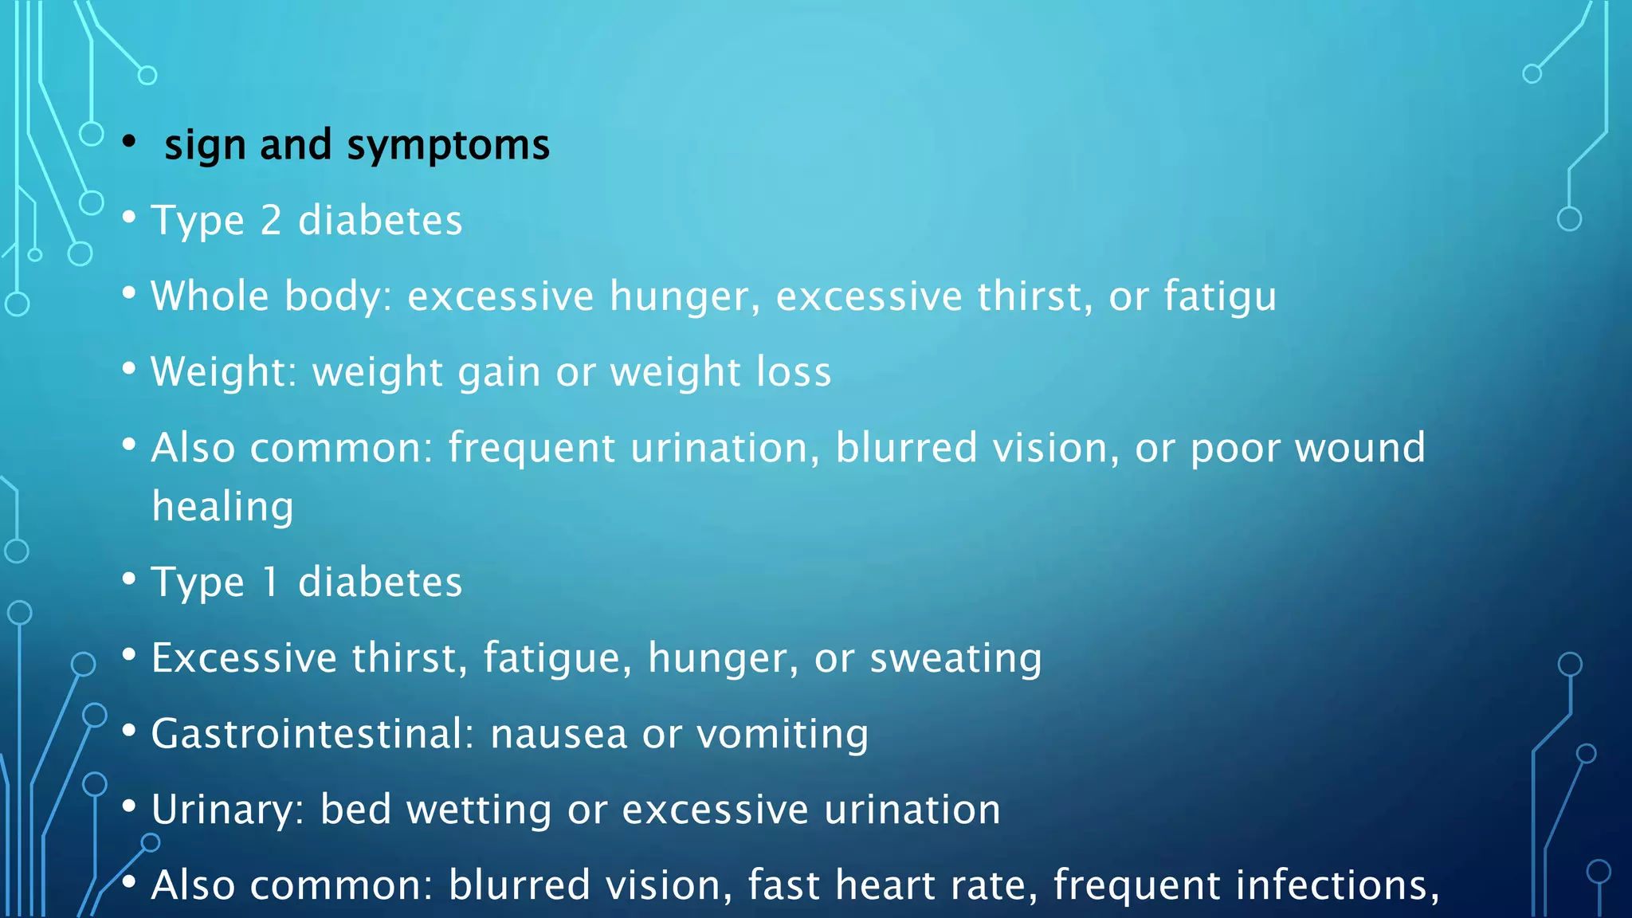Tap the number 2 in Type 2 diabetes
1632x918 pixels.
point(271,221)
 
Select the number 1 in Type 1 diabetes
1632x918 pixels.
point(271,582)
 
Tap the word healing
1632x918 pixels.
point(223,507)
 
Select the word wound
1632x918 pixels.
point(1359,448)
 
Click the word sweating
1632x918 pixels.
point(955,659)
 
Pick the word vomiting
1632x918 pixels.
point(782,734)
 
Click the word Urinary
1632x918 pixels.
point(223,810)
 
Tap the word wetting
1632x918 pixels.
point(479,810)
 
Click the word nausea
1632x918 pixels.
point(559,734)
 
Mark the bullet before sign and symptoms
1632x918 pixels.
point(129,142)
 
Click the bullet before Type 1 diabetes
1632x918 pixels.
point(129,579)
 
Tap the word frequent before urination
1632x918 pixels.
point(532,448)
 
